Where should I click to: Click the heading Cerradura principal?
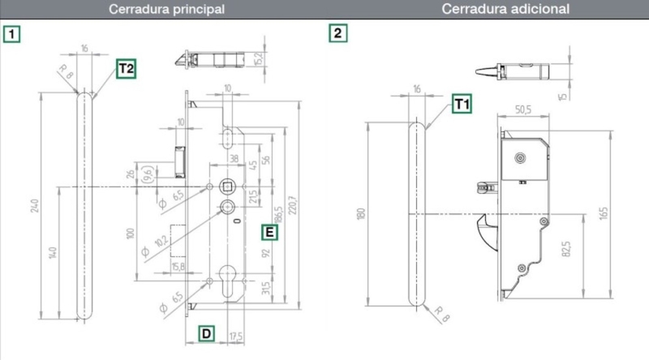(167, 10)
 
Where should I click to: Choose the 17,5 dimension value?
(236, 335)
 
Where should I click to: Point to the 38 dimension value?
(234, 159)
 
